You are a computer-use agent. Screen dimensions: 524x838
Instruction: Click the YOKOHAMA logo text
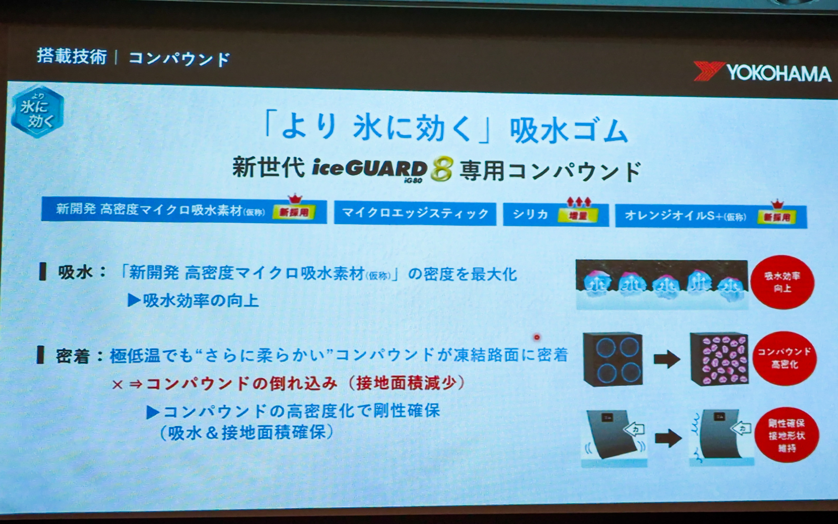coord(778,73)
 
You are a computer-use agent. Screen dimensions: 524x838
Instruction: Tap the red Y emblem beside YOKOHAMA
coord(708,71)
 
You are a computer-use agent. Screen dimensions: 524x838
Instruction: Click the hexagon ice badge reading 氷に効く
coord(38,112)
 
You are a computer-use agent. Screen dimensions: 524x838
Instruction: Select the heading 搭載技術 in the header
coord(72,56)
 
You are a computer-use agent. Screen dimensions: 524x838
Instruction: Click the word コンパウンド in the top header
coord(179,59)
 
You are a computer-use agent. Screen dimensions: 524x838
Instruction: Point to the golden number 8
coord(442,170)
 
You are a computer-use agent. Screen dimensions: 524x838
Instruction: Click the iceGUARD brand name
coord(369,169)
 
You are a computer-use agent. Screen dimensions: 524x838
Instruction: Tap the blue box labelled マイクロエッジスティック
coord(415,214)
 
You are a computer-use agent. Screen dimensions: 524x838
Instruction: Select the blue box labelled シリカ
coord(530,214)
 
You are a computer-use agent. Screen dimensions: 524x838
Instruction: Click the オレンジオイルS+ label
coord(685,216)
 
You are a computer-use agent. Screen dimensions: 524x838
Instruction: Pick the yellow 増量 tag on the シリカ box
coord(578,215)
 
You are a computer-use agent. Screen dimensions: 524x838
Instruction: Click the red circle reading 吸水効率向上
coord(782,282)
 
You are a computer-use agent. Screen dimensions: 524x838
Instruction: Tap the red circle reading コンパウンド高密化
coord(784,358)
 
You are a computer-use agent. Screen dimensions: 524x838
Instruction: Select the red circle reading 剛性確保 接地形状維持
coord(786,435)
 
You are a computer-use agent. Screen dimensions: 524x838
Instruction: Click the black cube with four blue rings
coord(613,360)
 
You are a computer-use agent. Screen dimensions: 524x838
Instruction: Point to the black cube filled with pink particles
coord(719,359)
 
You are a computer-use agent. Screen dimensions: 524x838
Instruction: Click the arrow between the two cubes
coord(666,359)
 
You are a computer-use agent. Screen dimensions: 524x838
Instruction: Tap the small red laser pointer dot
coord(537,337)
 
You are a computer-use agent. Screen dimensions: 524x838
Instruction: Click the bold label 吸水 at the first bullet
coord(75,272)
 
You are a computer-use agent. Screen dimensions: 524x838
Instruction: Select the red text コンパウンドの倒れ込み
coord(241,384)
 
